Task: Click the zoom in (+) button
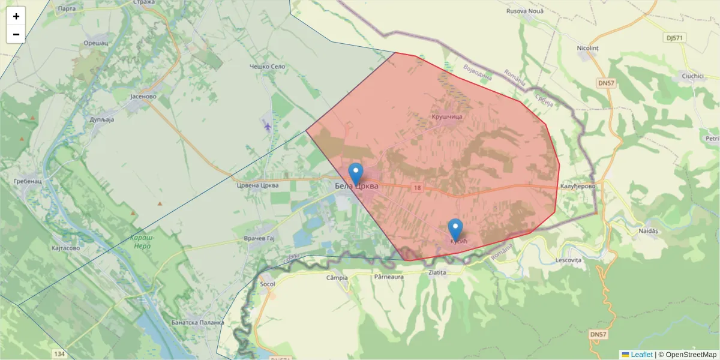16,16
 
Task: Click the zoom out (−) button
16,34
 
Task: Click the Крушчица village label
446,116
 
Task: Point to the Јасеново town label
143,96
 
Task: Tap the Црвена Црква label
257,185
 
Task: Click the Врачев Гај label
259,239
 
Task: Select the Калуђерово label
577,187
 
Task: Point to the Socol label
268,283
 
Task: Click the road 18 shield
416,188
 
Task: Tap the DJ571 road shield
675,38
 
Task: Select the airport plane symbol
268,125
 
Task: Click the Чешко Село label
268,67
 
